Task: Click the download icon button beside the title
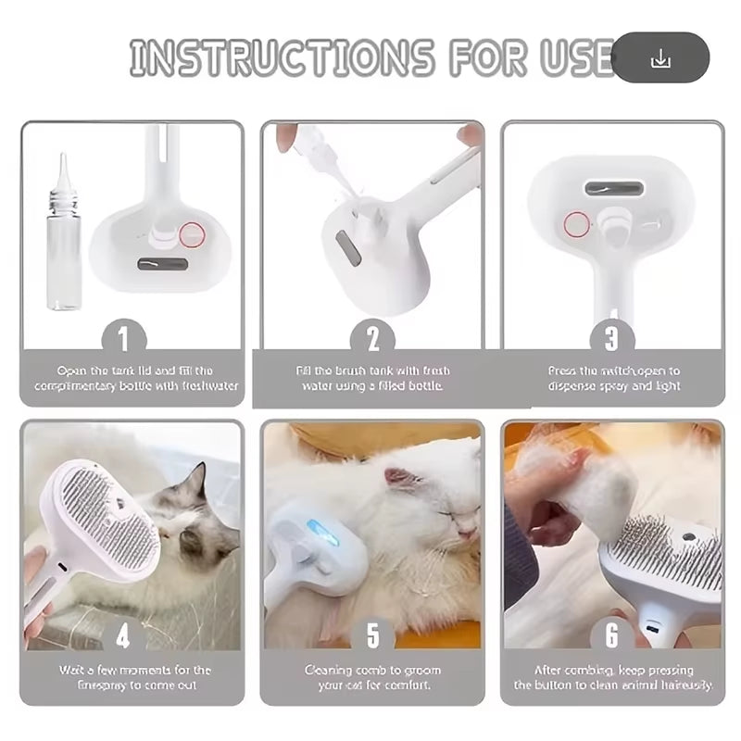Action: point(660,58)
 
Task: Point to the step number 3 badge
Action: point(612,337)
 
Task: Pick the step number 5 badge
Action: point(372,634)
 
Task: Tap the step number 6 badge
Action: point(612,634)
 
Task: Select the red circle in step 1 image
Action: point(193,235)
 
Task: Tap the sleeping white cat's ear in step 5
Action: point(400,478)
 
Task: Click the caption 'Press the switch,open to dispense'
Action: point(613,378)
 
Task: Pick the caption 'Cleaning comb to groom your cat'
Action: point(372,677)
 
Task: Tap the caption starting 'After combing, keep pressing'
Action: point(613,677)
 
